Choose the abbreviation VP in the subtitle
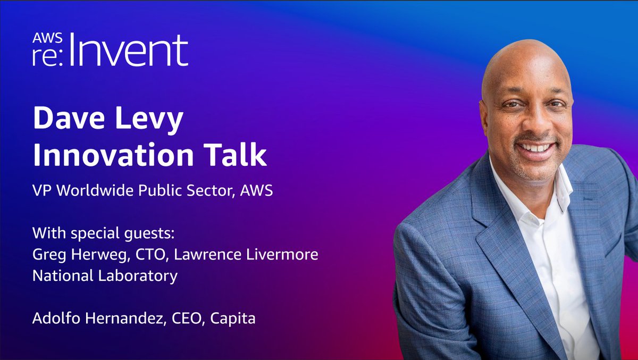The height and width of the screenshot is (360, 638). pos(41,191)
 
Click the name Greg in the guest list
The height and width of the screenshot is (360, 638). pos(46,255)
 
